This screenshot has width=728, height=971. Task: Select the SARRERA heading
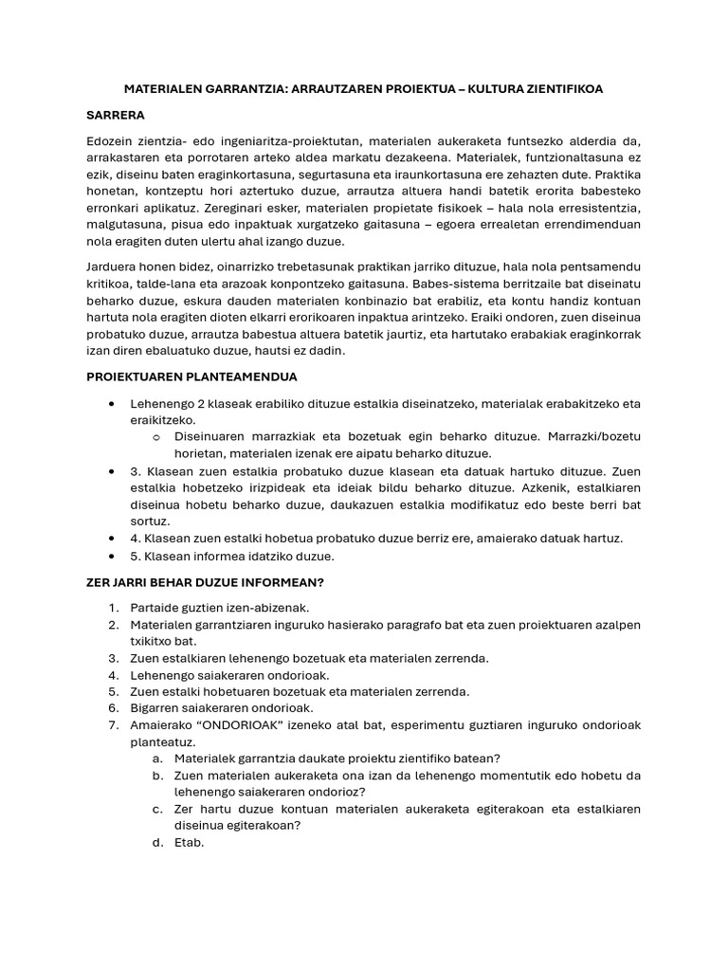click(x=115, y=116)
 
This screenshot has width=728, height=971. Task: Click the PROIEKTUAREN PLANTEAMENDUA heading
click(x=192, y=376)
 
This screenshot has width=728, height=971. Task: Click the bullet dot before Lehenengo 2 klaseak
click(x=114, y=403)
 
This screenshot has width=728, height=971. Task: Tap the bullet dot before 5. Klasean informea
click(x=114, y=557)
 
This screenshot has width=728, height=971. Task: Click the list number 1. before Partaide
click(x=113, y=607)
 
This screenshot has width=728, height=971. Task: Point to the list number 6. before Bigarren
click(x=113, y=708)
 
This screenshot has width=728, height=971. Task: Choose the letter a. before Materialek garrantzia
click(x=157, y=759)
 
